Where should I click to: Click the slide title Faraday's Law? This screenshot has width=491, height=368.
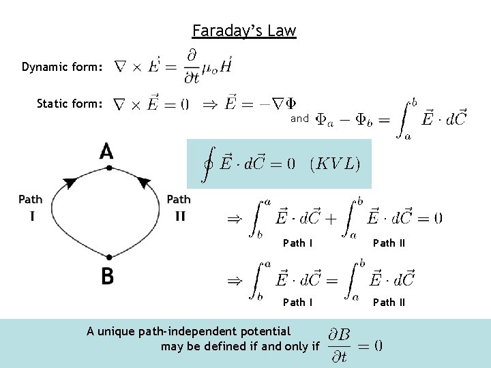pyautogui.click(x=244, y=31)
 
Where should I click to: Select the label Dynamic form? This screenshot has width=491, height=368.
pyautogui.click(x=63, y=67)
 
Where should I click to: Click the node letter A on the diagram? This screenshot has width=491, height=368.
pyautogui.click(x=106, y=151)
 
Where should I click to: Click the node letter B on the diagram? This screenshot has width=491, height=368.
pyautogui.click(x=107, y=276)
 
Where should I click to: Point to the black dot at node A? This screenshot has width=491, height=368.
pyautogui.click(x=108, y=168)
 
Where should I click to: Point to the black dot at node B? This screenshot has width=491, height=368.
pyautogui.click(x=108, y=257)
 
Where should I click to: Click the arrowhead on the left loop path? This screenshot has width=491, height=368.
pyautogui.click(x=70, y=182)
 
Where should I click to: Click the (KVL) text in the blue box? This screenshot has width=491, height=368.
pyautogui.click(x=334, y=164)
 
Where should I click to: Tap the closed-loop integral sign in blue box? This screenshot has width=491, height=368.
pyautogui.click(x=207, y=164)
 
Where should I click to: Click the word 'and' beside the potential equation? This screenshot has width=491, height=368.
pyautogui.click(x=300, y=119)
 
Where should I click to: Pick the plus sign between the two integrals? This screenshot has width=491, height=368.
pyautogui.click(x=330, y=218)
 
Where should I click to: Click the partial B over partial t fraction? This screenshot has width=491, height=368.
pyautogui.click(x=339, y=345)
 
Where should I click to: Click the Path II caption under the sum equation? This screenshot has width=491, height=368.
pyautogui.click(x=389, y=243)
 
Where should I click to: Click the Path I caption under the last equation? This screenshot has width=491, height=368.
pyautogui.click(x=298, y=302)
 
